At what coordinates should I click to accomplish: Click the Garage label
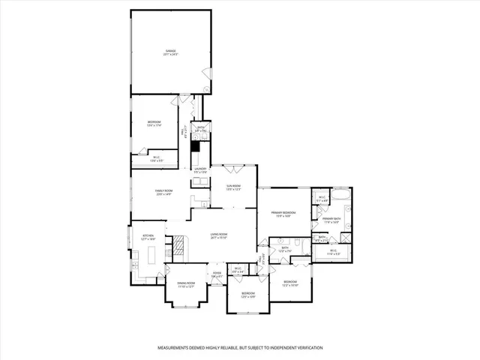(171, 52)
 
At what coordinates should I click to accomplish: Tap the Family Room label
(163, 193)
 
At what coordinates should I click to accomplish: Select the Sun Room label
(234, 187)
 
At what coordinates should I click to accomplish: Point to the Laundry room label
(200, 170)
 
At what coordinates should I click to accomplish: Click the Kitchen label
(148, 237)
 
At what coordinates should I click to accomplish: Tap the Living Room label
(218, 235)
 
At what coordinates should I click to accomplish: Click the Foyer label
(217, 274)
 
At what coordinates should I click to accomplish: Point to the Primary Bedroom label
(283, 214)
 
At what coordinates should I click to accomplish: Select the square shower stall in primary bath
(347, 238)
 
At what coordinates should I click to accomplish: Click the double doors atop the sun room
(234, 167)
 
